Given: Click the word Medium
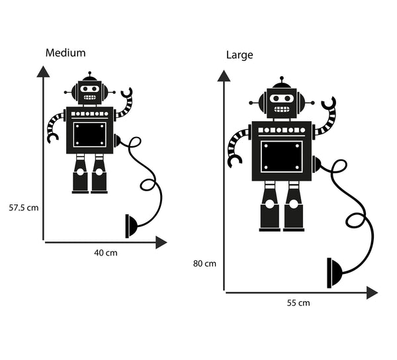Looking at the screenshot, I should click(65, 52).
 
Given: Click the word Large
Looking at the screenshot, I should click(240, 55).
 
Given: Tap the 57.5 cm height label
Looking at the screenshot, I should click(24, 207).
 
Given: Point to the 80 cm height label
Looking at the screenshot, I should click(205, 263).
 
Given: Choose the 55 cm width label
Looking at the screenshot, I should click(298, 303).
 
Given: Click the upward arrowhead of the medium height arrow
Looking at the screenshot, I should click(44, 71).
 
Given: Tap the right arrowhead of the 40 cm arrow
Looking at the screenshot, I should click(161, 243).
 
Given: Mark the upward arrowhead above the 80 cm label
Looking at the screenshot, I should click(224, 75).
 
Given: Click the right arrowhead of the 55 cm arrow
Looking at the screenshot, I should click(372, 292).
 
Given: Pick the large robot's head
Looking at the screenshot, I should click(282, 103).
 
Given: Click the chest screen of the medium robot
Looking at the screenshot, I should click(89, 134).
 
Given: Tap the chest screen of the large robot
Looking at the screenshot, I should click(281, 156).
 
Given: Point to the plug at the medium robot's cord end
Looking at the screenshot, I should click(131, 226).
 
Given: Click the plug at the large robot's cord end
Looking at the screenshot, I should click(335, 272).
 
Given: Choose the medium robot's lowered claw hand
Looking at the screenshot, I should click(52, 137).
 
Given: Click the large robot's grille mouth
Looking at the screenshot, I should click(282, 110).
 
